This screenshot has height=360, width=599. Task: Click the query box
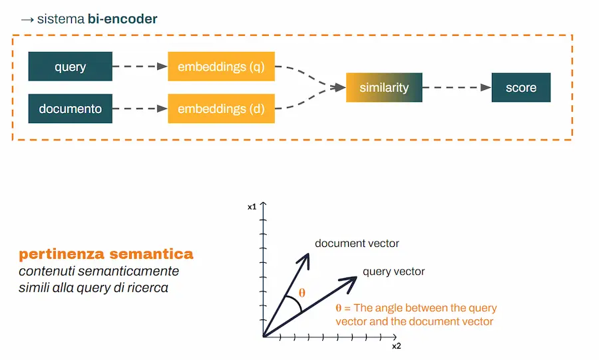click(70, 67)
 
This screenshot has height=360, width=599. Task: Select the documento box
click(70, 108)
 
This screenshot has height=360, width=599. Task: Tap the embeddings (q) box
click(221, 67)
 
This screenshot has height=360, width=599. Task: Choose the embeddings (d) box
click(221, 108)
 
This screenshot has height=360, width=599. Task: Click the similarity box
click(384, 87)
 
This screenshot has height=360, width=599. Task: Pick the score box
click(521, 87)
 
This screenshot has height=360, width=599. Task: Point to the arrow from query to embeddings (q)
click(140, 67)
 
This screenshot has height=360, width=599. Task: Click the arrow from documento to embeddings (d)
click(140, 108)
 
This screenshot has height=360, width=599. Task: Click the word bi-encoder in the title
click(122, 19)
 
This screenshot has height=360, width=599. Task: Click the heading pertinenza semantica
click(106, 254)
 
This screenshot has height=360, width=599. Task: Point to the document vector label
click(357, 244)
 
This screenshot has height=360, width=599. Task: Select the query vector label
click(393, 271)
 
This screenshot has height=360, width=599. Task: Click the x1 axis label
click(252, 207)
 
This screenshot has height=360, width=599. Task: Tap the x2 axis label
click(396, 346)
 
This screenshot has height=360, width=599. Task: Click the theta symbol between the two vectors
click(302, 292)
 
